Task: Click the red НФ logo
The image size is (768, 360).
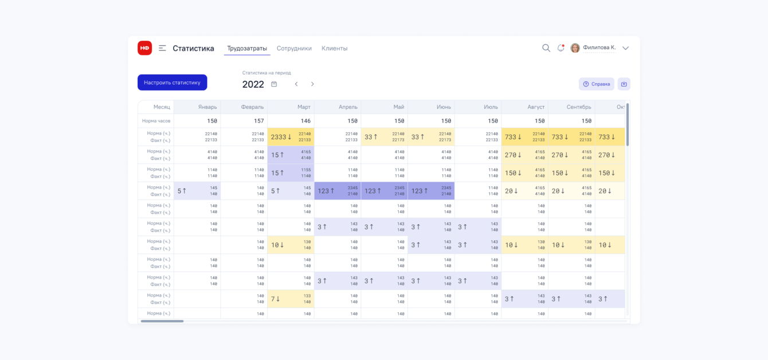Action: [x=144, y=48]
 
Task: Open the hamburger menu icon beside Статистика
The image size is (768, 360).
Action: [x=162, y=48]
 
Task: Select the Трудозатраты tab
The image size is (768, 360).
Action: [x=247, y=49]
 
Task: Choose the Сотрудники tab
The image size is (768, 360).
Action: [x=294, y=49]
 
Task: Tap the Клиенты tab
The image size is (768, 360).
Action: [x=334, y=49]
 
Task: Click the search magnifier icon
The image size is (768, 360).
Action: [x=546, y=48]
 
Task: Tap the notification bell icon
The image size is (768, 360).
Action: [x=561, y=48]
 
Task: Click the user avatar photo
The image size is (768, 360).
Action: [x=575, y=48]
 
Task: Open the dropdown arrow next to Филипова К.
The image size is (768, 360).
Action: [x=625, y=48]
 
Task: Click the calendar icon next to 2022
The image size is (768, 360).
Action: [x=274, y=84]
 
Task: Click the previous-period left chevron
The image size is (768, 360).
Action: [x=296, y=84]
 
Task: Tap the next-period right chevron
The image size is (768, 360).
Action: [x=312, y=84]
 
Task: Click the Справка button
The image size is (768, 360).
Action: [x=596, y=84]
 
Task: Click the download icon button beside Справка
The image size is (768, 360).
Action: [x=624, y=84]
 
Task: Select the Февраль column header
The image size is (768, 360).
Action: [x=252, y=107]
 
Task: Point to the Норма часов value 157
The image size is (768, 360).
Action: [x=258, y=121]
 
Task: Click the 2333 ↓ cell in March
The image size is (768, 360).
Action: [x=291, y=137]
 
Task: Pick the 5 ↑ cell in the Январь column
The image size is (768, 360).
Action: [x=197, y=191]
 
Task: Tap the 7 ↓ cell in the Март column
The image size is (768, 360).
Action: [x=291, y=299]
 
